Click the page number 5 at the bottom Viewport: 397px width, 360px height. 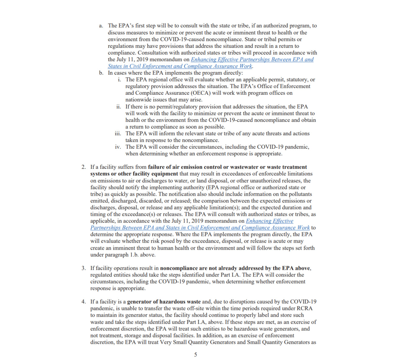coord(196,355)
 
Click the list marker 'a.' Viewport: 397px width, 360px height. coord(101,26)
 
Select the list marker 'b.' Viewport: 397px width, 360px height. coord(101,73)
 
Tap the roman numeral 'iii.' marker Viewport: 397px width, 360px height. coord(118,134)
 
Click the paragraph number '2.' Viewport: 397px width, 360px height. coord(84,167)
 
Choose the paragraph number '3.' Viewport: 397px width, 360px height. coord(84,268)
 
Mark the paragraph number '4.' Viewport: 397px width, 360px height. coord(84,302)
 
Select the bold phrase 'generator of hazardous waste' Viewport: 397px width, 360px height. coord(164,302)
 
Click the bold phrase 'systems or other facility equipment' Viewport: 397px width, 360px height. coord(134,174)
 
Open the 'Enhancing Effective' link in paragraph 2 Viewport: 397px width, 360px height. coord(270,221)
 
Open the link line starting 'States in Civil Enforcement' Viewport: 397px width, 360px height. coord(180,66)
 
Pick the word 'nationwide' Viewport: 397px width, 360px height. coord(139,100)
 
